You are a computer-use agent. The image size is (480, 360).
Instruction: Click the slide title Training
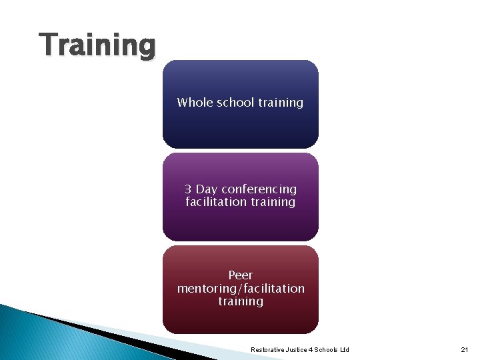coord(97,46)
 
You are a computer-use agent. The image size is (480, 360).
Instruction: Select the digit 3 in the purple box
coord(189,189)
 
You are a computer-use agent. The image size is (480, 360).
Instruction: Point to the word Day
coord(207,189)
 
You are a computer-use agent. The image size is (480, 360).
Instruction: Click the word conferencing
coord(259,189)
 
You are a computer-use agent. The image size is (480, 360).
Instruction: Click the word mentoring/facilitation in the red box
coord(241,289)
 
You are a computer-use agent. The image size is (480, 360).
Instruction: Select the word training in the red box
coord(241,301)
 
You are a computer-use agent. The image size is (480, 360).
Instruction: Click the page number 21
coord(465,350)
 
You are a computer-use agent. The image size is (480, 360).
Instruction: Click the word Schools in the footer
coord(327,350)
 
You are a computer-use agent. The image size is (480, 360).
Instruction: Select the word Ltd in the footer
coord(344,350)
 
